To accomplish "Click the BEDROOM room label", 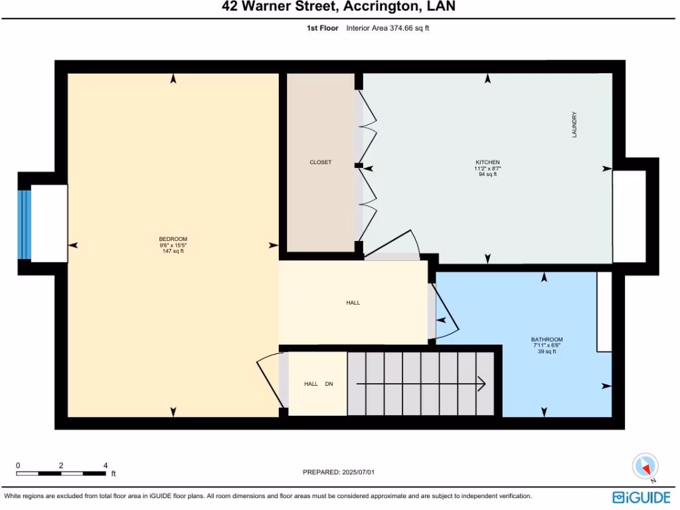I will (x=173, y=239).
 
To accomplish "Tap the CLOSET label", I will (x=320, y=163).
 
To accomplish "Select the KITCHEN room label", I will (x=487, y=163).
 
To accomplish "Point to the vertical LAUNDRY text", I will (x=574, y=124).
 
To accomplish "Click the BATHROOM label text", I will (x=547, y=339).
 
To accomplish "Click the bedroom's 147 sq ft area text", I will (x=173, y=251).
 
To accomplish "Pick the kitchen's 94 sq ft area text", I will (x=487, y=175).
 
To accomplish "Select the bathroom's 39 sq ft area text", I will (x=547, y=351).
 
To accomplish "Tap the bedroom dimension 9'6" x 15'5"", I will (x=173, y=245).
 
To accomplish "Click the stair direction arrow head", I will (x=482, y=384).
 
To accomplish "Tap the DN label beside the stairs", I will (x=328, y=384).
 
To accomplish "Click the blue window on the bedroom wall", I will (x=25, y=224).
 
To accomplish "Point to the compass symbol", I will (x=645, y=466).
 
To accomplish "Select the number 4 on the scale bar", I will (x=106, y=466).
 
